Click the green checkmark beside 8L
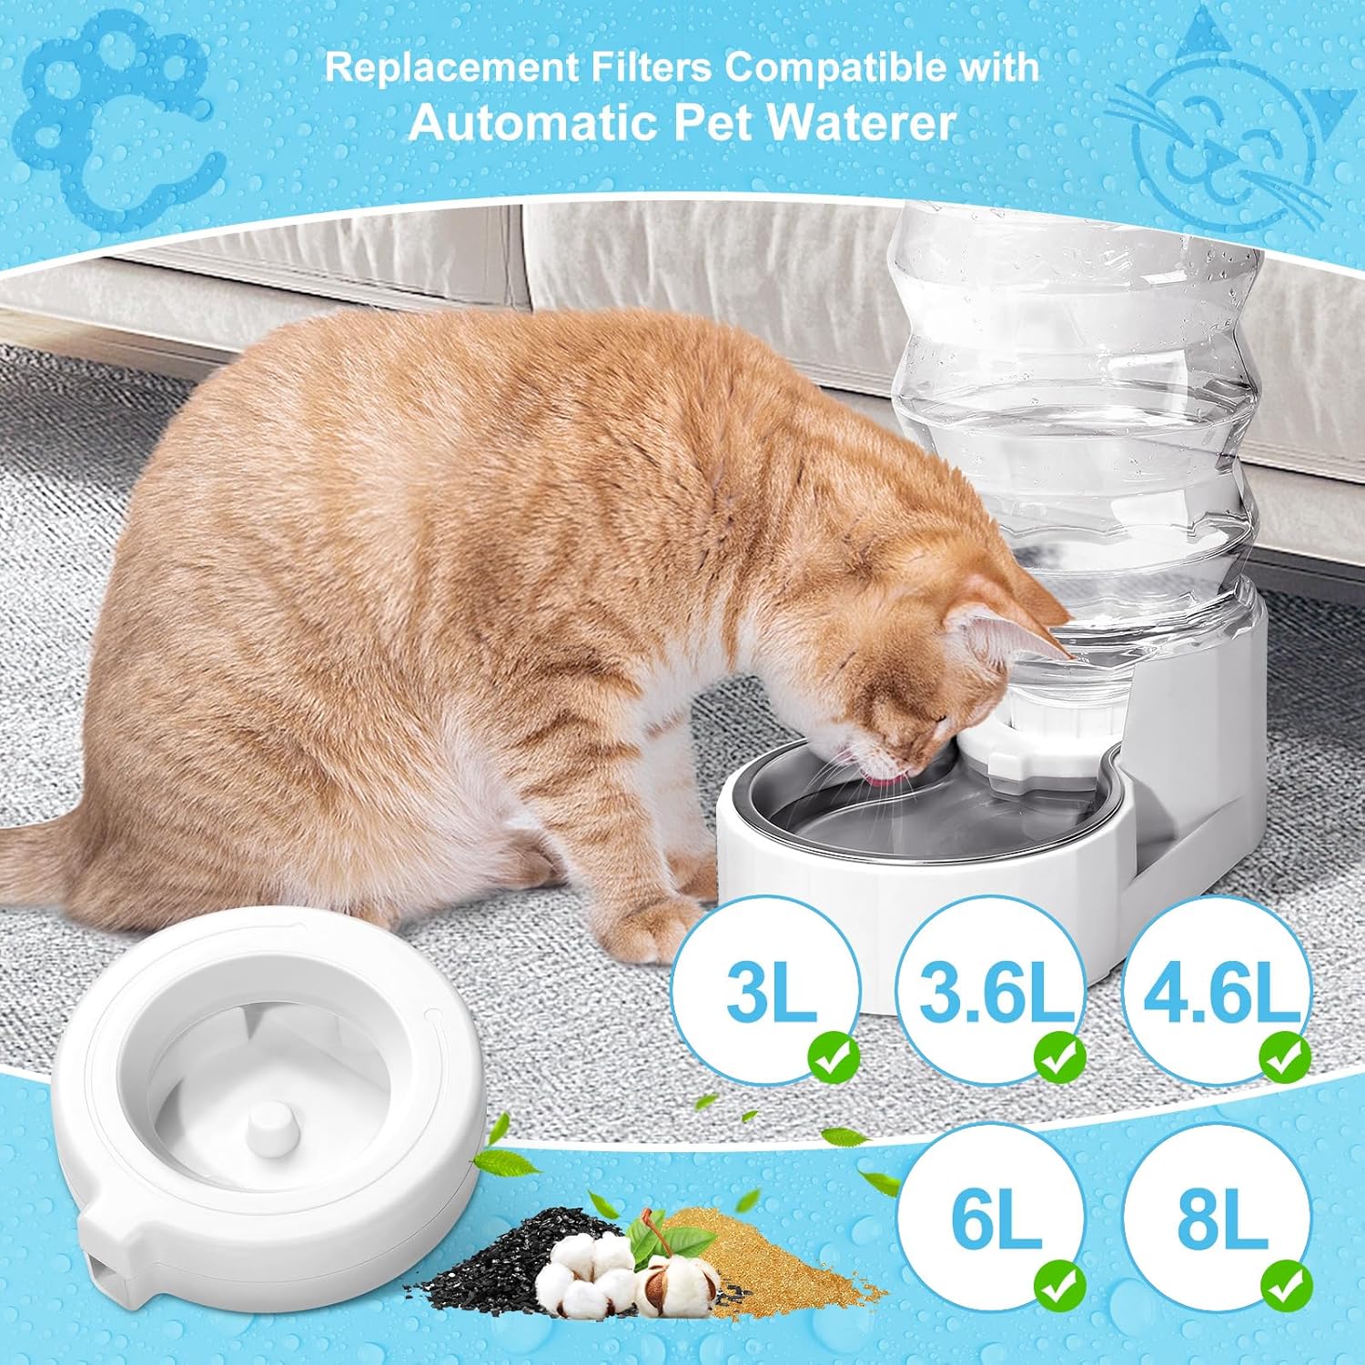pos(1286,1285)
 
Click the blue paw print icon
pos(123,118)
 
